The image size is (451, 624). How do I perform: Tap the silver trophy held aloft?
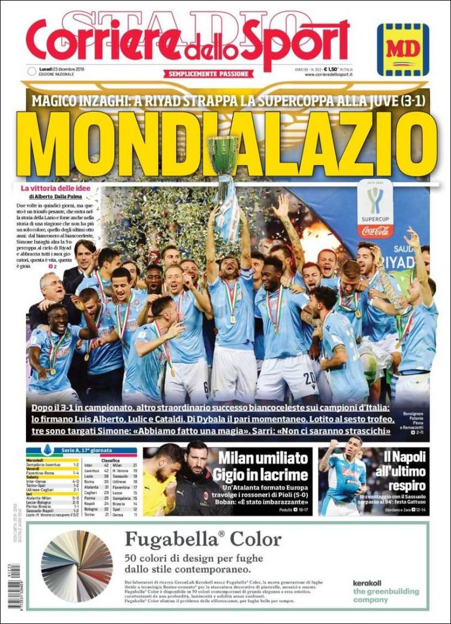click(223, 157)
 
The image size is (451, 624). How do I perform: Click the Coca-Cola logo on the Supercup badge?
click(375, 230)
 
